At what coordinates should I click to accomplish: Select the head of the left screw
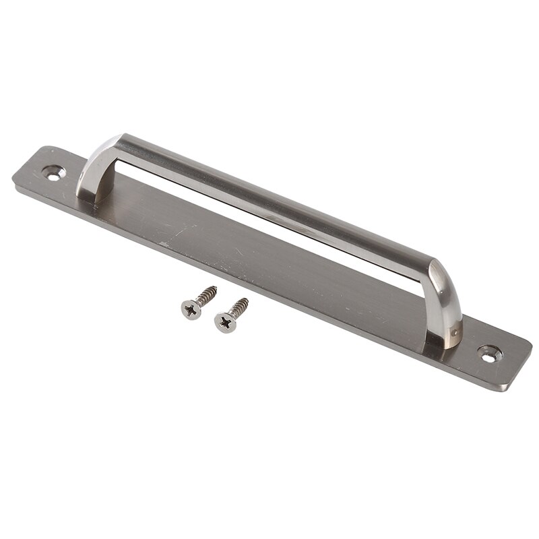(x=191, y=309)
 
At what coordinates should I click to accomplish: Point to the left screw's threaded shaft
(x=205, y=296)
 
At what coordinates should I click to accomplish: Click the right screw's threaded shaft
(x=237, y=308)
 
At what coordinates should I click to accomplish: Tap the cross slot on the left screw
(x=191, y=309)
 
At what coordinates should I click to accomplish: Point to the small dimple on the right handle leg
(x=456, y=331)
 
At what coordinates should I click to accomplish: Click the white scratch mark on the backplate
(x=163, y=243)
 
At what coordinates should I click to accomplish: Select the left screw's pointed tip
(x=216, y=288)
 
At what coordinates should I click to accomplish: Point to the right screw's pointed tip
(x=247, y=300)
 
